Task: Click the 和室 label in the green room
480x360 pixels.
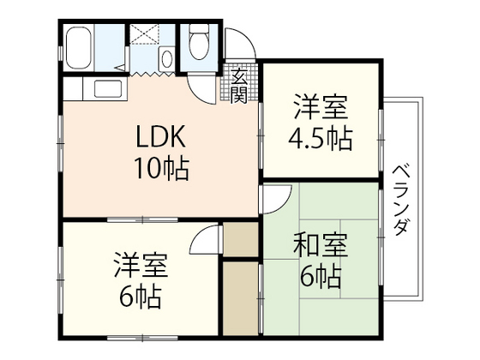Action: click(x=321, y=247)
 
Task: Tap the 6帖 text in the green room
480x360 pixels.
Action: click(x=321, y=276)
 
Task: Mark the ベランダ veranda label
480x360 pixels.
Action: click(x=400, y=199)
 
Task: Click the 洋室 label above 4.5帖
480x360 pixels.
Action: click(x=321, y=108)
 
